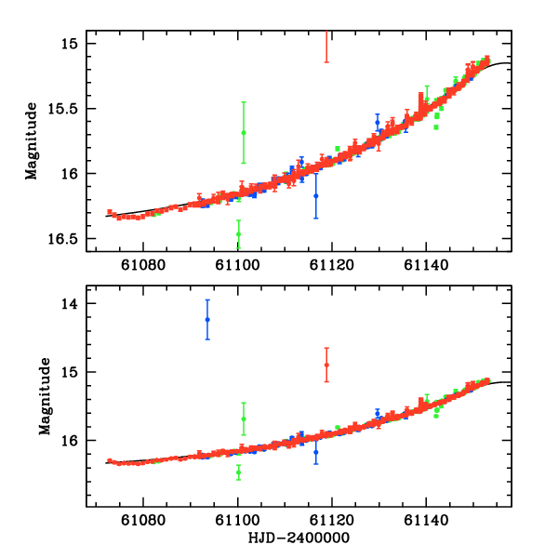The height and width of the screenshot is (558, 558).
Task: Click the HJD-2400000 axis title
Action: pos(299,538)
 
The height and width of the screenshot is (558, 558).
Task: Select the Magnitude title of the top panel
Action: pos(32,141)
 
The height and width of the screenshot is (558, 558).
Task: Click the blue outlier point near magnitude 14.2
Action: pos(207,319)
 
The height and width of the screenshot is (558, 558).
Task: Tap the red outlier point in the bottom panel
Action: pos(326,365)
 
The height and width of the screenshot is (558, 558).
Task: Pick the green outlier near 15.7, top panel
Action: pos(244,133)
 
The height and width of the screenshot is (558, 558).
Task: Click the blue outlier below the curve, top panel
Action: pos(316,196)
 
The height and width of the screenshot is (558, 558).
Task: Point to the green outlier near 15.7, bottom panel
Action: pos(244,418)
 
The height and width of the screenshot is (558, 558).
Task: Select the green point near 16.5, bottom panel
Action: pos(239,472)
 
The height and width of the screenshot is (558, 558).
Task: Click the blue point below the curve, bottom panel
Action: pos(316,453)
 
